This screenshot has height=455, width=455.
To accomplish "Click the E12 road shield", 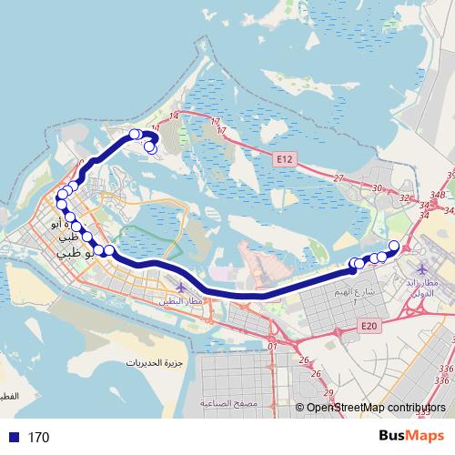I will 285,158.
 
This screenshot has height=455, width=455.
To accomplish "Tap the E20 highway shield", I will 368,326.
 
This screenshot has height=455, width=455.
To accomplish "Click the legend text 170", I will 38,438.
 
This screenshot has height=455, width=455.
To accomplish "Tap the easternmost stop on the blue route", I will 394,245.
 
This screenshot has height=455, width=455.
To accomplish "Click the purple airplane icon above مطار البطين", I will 182,288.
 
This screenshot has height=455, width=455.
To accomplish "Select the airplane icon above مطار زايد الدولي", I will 424,269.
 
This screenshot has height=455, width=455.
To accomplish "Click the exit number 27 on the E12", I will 339,178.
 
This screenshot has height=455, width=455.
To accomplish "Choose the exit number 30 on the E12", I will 377,188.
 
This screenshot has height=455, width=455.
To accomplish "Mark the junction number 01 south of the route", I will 272,346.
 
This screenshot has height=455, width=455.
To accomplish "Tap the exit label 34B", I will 438,194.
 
